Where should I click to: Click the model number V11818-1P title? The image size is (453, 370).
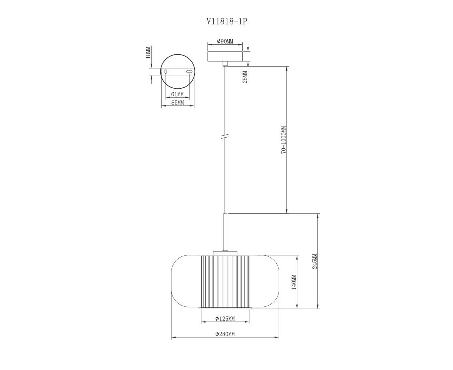tap(227, 21)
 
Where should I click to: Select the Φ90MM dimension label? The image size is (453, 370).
tap(225, 41)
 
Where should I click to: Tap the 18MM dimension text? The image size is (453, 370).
tap(148, 53)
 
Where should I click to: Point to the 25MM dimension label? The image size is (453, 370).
tap(245, 77)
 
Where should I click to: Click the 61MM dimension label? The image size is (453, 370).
tap(177, 94)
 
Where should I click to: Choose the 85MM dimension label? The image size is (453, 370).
tap(178, 102)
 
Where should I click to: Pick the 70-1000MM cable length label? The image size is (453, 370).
tap(283, 140)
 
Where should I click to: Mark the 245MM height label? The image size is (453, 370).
tap(315, 261)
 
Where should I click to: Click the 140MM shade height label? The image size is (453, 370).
tap(294, 282)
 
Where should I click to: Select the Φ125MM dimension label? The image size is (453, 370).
tap(225, 319)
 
